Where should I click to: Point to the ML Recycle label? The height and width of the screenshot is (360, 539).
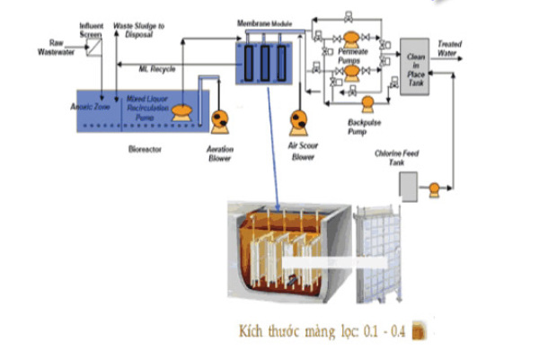pyautogui.click(x=156, y=69)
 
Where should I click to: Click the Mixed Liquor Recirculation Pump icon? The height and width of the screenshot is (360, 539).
pyautogui.click(x=181, y=111)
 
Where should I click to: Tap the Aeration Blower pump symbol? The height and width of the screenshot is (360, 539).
pyautogui.click(x=219, y=119)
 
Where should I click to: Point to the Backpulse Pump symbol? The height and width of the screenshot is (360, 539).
pyautogui.click(x=367, y=103)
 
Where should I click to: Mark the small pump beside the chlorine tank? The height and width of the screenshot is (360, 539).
pyautogui.click(x=434, y=189)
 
